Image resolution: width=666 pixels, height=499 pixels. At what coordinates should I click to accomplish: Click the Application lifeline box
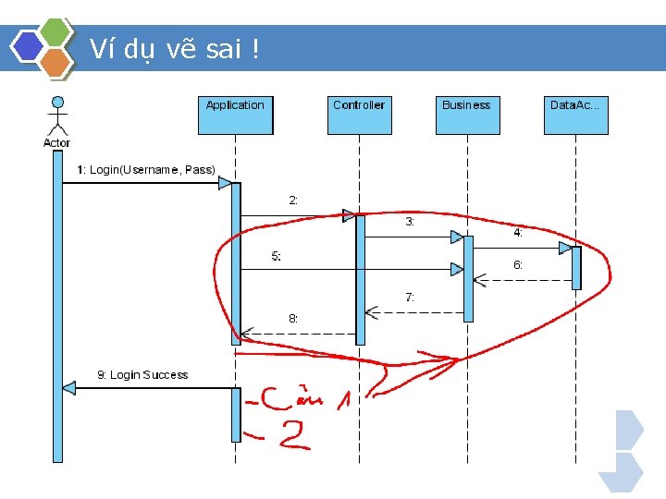pyautogui.click(x=235, y=115)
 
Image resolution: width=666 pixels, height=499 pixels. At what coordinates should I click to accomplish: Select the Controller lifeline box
pyautogui.click(x=359, y=115)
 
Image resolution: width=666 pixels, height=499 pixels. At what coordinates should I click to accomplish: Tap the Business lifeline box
pyautogui.click(x=466, y=115)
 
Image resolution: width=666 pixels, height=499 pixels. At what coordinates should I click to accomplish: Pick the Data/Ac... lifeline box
pyautogui.click(x=575, y=115)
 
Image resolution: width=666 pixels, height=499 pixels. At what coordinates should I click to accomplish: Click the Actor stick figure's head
pyautogui.click(x=57, y=102)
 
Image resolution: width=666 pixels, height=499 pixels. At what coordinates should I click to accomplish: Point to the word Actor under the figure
pyautogui.click(x=56, y=142)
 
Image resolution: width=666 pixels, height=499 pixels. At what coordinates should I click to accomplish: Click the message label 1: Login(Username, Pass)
pyautogui.click(x=145, y=170)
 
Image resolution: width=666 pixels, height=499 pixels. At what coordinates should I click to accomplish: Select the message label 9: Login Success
pyautogui.click(x=142, y=375)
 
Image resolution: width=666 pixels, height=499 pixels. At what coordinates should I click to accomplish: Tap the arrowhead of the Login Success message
pyautogui.click(x=68, y=388)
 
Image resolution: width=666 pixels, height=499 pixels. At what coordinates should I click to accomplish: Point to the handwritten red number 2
pyautogui.click(x=293, y=437)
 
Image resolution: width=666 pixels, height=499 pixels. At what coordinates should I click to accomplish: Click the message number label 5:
pyautogui.click(x=277, y=256)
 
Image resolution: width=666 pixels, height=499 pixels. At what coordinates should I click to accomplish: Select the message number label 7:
pyautogui.click(x=410, y=298)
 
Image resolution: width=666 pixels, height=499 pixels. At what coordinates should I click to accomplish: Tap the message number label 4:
pyautogui.click(x=519, y=234)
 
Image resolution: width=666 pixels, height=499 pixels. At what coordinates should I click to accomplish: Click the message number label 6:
pyautogui.click(x=519, y=264)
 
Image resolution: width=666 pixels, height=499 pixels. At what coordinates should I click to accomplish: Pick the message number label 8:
pyautogui.click(x=293, y=318)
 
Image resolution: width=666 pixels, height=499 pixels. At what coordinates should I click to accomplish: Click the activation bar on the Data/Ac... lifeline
pyautogui.click(x=576, y=268)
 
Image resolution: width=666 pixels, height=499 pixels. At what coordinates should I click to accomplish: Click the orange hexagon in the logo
pyautogui.click(x=57, y=62)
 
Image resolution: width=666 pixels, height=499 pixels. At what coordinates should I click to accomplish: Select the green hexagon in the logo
pyautogui.click(x=57, y=31)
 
